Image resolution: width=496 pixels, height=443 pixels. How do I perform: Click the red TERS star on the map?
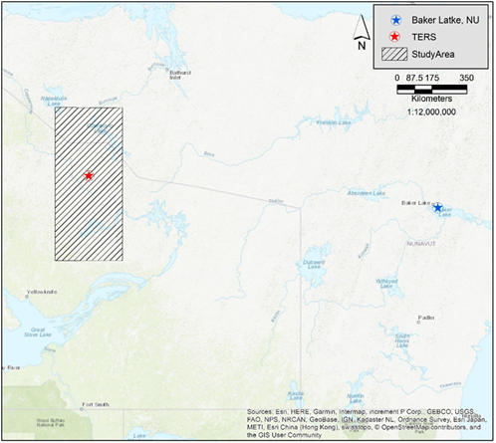[89, 175]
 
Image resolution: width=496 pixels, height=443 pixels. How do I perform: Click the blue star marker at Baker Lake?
[437, 207]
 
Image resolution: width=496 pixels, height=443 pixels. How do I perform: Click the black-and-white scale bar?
[431, 89]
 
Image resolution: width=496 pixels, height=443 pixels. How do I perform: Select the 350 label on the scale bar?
[467, 77]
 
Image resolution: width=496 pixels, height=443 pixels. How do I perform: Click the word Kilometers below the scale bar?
[431, 101]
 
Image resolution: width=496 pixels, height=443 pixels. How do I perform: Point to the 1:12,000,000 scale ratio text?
[431, 112]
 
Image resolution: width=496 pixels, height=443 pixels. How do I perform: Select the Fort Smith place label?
[97, 404]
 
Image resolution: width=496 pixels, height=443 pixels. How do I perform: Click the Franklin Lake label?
[328, 122]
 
